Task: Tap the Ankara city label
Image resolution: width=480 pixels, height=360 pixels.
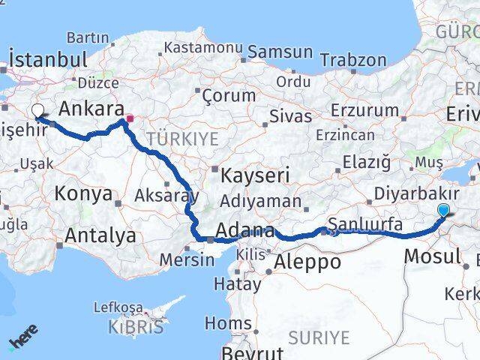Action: [x=91, y=109]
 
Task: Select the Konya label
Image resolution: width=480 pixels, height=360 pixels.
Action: [x=83, y=194]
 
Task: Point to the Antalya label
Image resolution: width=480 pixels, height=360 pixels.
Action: [x=100, y=235]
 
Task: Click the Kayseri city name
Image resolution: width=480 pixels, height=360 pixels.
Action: [x=256, y=176]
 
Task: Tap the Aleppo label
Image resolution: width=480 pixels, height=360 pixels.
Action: [x=307, y=262]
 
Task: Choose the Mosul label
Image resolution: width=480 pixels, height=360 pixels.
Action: [x=432, y=256]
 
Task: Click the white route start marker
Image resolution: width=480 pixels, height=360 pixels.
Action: [x=37, y=111]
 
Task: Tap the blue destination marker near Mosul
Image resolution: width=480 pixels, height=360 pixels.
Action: [x=444, y=211]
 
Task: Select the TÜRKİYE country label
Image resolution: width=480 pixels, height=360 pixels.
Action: [x=182, y=138]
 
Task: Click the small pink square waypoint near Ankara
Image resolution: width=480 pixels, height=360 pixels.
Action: [x=130, y=118]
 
